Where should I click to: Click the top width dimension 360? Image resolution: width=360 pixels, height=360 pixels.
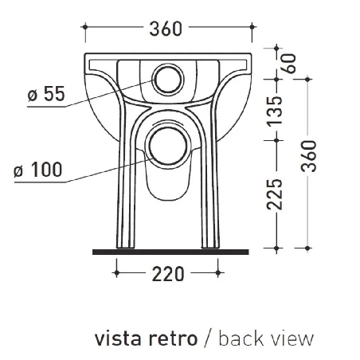point(166,29)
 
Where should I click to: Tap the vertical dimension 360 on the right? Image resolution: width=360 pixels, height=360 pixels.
point(309,156)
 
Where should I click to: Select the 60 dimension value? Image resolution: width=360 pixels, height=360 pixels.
point(289,64)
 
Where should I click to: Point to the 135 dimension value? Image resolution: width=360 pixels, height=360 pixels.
point(275,111)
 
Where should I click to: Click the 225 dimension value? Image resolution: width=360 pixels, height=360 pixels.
point(275,194)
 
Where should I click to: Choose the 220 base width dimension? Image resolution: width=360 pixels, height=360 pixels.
point(168,274)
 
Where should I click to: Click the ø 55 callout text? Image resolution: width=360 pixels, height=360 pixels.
point(46,93)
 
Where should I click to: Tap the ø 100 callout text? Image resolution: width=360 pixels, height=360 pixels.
point(38,170)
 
